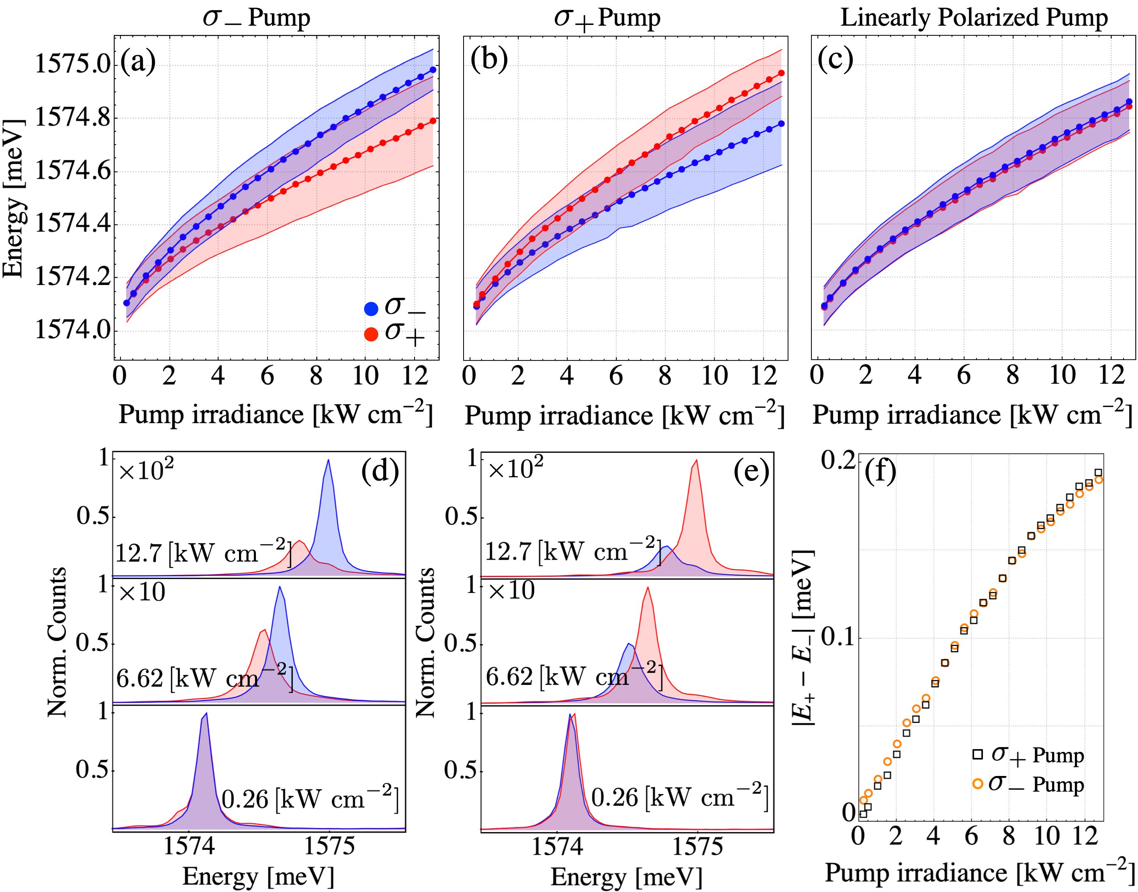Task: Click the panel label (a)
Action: coord(138,61)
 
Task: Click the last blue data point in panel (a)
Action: coord(433,69)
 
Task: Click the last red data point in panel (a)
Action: coord(433,121)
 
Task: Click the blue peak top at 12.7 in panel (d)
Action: coord(328,460)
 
